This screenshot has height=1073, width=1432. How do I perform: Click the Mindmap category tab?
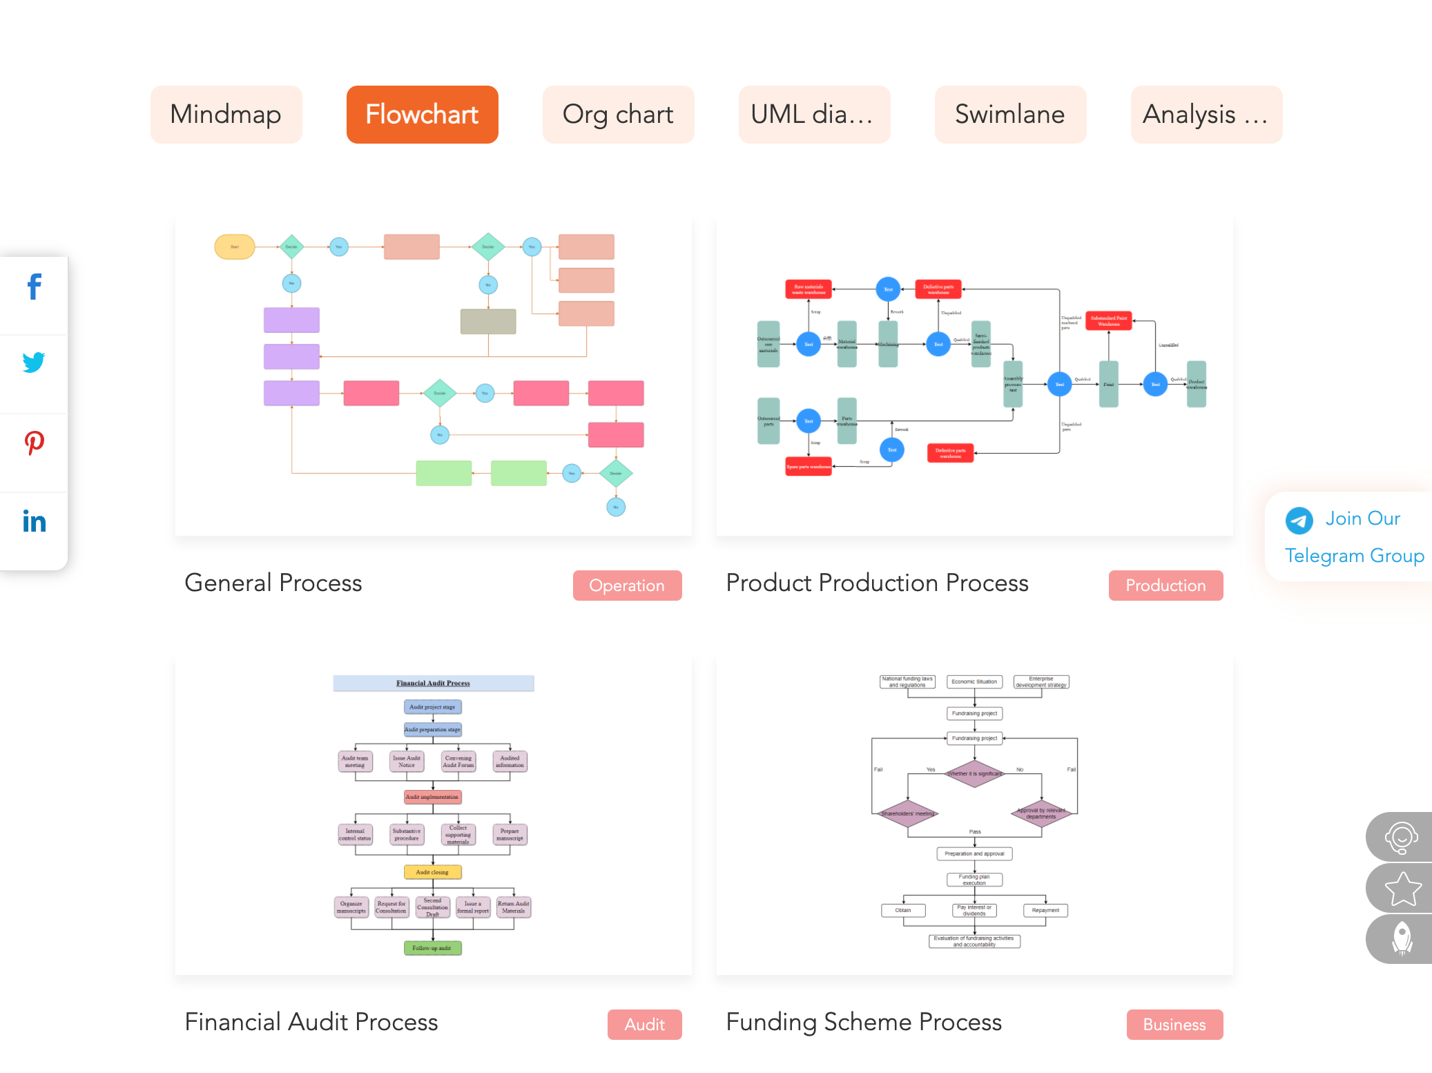tap(226, 115)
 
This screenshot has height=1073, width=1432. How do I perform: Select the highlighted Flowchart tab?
tap(422, 115)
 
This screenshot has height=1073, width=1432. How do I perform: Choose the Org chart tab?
tap(618, 115)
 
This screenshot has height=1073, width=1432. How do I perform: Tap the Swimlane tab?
tap(1010, 115)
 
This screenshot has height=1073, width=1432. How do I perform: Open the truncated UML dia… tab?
tap(814, 115)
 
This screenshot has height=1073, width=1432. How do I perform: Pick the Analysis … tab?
tap(1206, 115)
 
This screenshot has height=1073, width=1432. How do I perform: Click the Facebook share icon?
tap(34, 287)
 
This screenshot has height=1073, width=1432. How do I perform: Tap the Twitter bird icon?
tap(34, 362)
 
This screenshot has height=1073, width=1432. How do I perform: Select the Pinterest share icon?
tap(34, 442)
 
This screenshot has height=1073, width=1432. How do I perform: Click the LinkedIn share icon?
tap(34, 521)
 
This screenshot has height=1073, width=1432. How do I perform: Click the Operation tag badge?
tap(627, 586)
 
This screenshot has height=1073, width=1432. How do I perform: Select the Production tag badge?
tap(1165, 586)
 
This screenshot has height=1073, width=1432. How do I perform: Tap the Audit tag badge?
tap(644, 1025)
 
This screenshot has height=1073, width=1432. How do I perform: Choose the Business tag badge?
tap(1174, 1025)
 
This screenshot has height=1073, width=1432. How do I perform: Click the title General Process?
tap(273, 583)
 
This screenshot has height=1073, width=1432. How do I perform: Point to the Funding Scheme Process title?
tap(864, 1023)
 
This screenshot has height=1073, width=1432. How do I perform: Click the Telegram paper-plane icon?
tap(1299, 521)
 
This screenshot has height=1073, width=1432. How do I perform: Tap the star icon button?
tap(1402, 889)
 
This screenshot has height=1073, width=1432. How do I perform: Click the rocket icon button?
tap(1402, 939)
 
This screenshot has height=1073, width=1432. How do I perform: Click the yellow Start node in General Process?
tap(235, 246)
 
